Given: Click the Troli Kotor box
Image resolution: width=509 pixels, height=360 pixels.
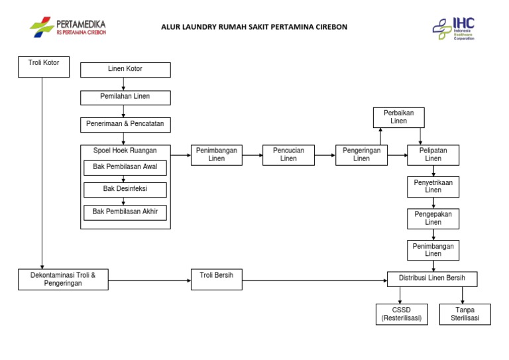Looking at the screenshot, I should (43, 66).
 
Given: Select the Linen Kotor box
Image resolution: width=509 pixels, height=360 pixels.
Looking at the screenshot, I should (125, 70).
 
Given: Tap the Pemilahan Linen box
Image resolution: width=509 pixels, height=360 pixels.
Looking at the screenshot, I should (125, 97).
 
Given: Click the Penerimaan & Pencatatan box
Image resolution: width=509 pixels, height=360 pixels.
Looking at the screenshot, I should (125, 124).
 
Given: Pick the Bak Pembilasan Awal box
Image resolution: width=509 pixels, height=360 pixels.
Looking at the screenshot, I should (125, 167).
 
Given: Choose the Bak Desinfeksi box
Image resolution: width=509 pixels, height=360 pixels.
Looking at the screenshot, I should (125, 190).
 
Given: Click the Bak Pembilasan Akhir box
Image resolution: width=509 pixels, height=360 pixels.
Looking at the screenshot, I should (125, 212).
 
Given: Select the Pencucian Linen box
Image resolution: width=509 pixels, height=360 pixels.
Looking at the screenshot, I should (288, 154).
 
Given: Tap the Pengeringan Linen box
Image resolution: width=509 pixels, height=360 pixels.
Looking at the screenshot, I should (361, 154).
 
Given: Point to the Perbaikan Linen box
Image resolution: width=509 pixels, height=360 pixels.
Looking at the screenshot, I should (398, 117).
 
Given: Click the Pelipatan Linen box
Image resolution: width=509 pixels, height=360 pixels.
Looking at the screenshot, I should (433, 154).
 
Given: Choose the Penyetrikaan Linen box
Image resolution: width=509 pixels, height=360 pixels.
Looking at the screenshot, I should (433, 186).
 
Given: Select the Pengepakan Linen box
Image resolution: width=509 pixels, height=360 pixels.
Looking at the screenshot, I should (433, 218).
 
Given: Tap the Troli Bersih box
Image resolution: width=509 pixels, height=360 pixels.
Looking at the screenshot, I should (216, 279).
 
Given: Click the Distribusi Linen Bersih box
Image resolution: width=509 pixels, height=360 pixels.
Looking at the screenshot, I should (431, 279).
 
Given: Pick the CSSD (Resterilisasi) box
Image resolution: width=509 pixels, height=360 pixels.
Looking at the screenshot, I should (401, 314).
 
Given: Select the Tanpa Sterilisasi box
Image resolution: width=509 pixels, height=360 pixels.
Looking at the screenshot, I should (465, 314).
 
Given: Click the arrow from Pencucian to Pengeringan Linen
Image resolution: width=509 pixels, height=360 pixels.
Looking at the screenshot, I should (325, 155).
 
